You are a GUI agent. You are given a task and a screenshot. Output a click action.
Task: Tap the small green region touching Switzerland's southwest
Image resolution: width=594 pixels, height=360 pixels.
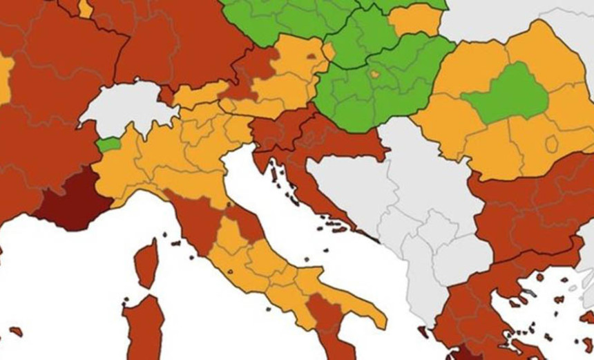(108, 145)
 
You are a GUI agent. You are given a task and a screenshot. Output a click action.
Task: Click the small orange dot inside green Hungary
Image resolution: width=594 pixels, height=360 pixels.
(374, 74)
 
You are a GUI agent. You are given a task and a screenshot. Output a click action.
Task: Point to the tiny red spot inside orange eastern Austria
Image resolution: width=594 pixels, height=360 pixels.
(311, 56)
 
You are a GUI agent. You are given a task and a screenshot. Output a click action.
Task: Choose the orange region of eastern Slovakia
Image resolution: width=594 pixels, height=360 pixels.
(416, 20)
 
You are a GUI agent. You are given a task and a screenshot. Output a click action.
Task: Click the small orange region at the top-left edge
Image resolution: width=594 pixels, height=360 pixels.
(85, 8)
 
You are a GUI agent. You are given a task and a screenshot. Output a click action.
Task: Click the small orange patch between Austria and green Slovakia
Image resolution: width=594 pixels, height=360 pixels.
(329, 51)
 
